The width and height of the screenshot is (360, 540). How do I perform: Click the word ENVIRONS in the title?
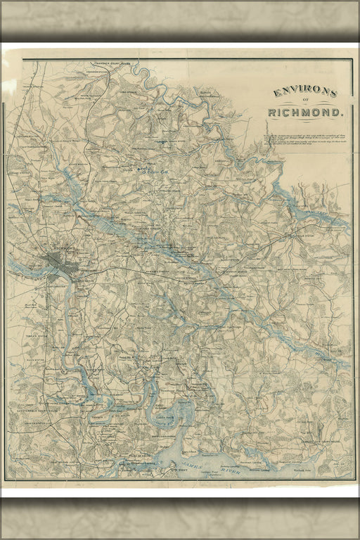coord(305,93)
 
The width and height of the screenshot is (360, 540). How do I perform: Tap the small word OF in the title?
coord(305,103)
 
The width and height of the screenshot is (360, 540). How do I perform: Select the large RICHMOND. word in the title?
coord(306,112)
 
